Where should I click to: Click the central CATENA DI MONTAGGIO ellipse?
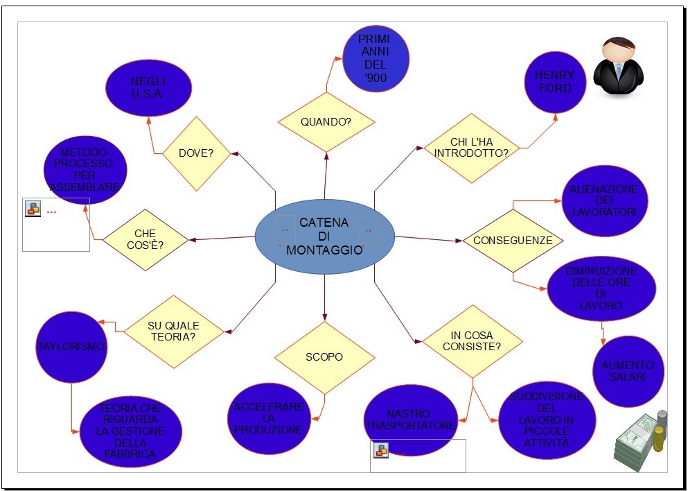tap(324, 236)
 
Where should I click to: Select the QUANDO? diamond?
tap(326, 122)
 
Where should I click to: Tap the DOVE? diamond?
tap(196, 153)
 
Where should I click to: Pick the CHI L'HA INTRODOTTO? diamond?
tap(472, 148)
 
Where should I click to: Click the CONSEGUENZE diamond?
tap(512, 240)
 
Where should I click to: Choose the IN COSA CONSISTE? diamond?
tap(473, 341)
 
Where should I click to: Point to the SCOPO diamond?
tap(324, 357)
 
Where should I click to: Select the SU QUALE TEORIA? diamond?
tap(173, 331)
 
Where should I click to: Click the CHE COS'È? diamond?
tap(145, 240)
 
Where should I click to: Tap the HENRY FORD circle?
tap(554, 83)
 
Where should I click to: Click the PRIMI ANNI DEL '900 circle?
tap(376, 59)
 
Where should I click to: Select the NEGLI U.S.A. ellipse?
tap(148, 87)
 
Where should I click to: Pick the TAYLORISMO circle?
tap(71, 346)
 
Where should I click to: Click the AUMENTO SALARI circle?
tap(628, 371)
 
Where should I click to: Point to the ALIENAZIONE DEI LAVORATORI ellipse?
tap(603, 200)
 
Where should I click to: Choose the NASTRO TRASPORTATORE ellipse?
tap(411, 419)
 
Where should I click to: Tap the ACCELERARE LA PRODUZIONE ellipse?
tap(269, 418)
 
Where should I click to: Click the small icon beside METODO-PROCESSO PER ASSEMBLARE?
tap(33, 209)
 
